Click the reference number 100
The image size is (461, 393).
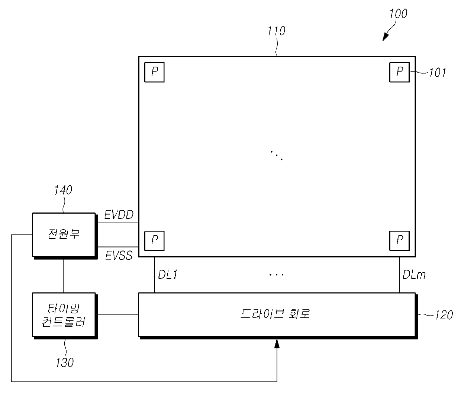pyautogui.click(x=398, y=14)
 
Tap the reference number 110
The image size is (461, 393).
pyautogui.click(x=276, y=31)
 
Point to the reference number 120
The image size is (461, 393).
pyautogui.click(x=444, y=315)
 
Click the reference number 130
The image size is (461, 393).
pyautogui.click(x=65, y=362)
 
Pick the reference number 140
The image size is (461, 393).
pyautogui.click(x=63, y=190)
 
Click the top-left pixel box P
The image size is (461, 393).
pyautogui.click(x=154, y=72)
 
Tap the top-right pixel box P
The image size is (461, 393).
pyautogui.click(x=399, y=72)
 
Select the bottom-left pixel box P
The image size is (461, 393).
pyautogui.click(x=154, y=240)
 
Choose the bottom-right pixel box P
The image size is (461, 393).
pyautogui.click(x=399, y=240)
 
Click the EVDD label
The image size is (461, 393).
pyautogui.click(x=119, y=215)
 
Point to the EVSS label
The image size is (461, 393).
pyautogui.click(x=119, y=255)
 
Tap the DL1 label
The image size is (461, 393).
pyautogui.click(x=168, y=275)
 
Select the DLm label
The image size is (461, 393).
pyautogui.click(x=414, y=275)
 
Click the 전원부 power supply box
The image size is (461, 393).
pyautogui.click(x=64, y=234)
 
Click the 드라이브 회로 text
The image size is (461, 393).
pyautogui.click(x=275, y=314)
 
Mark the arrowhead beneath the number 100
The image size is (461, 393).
pyautogui.click(x=385, y=37)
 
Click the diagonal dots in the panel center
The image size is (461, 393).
pyautogui.click(x=277, y=155)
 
